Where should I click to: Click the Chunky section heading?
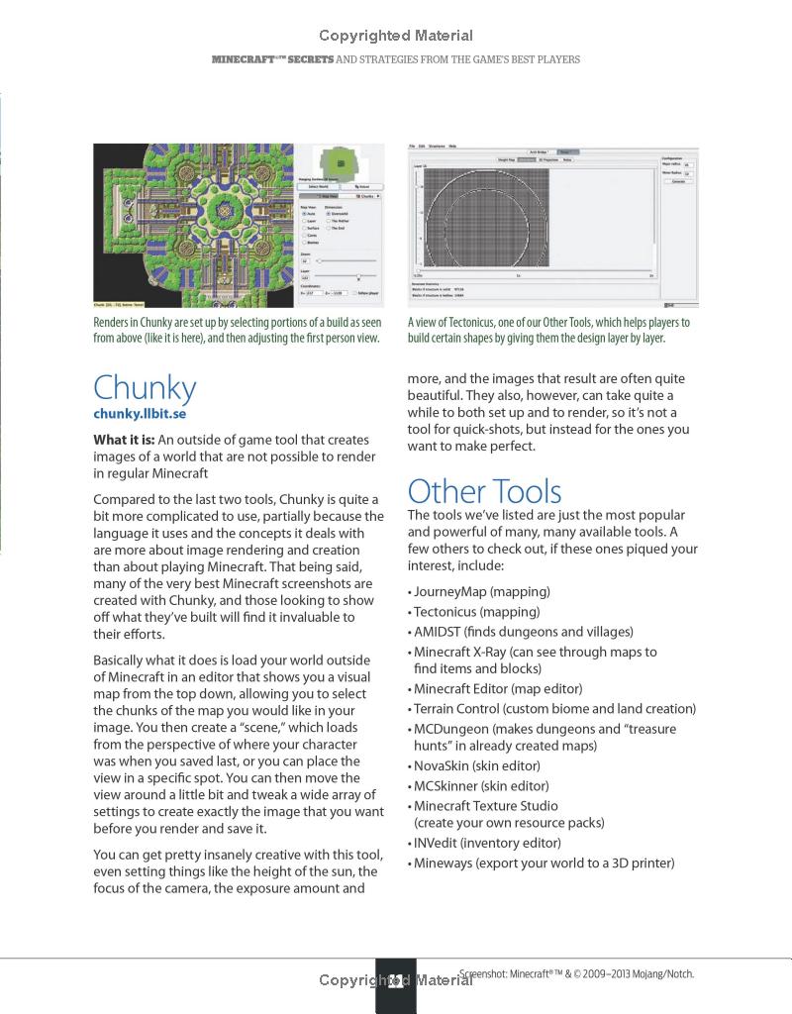[145, 387]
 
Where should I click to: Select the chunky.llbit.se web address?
[140, 414]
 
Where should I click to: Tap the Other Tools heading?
[484, 491]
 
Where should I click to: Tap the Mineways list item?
[541, 862]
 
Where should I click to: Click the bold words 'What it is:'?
[123, 440]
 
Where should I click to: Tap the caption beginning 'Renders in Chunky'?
[238, 330]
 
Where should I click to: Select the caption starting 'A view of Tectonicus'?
[548, 330]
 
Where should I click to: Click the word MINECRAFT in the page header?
[242, 59]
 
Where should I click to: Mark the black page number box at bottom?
[396, 985]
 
